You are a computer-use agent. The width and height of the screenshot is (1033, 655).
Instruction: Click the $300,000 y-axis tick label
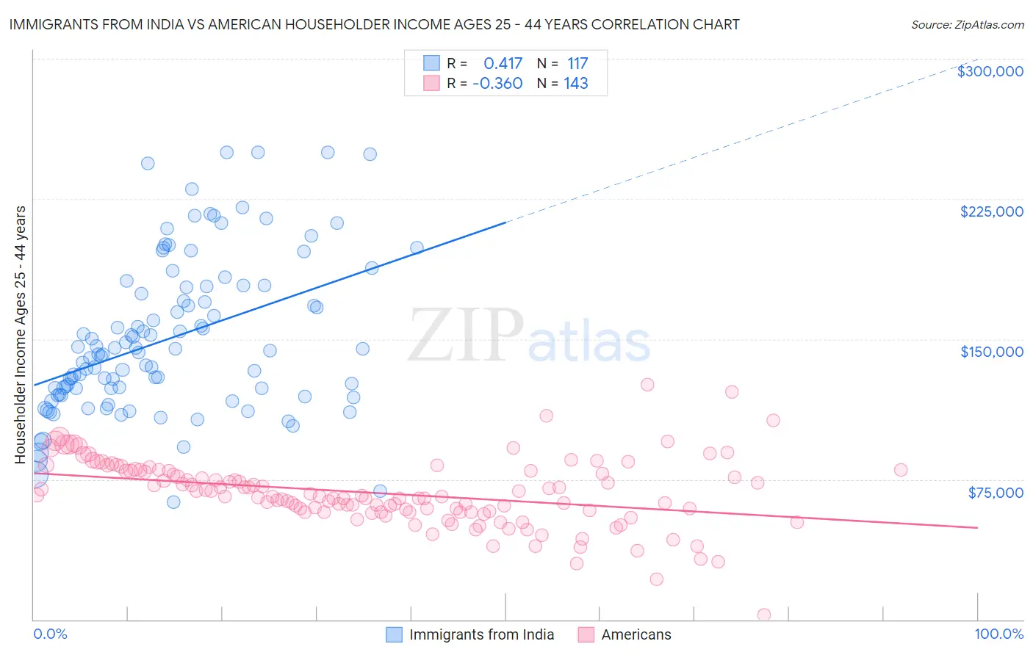click(990, 71)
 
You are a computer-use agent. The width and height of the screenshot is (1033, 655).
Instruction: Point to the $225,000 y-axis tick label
click(991, 211)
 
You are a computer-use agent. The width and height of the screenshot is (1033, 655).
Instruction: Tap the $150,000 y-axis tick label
click(991, 352)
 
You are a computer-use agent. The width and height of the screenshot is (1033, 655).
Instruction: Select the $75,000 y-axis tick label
click(995, 492)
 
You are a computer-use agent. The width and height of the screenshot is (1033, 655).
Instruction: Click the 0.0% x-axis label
click(50, 634)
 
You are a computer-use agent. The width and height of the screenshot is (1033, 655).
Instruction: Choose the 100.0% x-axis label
click(998, 634)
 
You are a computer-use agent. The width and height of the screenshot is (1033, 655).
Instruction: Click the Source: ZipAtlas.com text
click(967, 24)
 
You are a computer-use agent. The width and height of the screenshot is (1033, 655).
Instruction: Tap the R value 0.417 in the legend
click(503, 63)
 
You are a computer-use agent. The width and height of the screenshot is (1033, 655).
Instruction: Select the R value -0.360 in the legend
click(497, 83)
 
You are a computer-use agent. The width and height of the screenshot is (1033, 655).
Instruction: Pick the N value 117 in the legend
click(577, 63)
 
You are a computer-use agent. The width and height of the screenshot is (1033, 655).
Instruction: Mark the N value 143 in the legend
click(576, 83)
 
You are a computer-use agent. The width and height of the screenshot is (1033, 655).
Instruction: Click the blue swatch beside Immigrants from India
click(394, 634)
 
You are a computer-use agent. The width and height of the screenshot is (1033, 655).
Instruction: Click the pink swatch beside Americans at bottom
click(586, 634)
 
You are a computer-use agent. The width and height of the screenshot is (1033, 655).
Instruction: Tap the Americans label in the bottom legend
click(636, 634)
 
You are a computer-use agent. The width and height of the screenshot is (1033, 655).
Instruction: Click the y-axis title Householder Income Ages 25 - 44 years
click(20, 335)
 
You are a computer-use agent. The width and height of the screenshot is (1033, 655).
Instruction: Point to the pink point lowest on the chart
click(763, 615)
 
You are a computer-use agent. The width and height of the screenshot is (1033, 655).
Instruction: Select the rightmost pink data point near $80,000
click(900, 470)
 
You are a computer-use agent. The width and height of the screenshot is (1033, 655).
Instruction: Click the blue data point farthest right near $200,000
click(417, 248)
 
